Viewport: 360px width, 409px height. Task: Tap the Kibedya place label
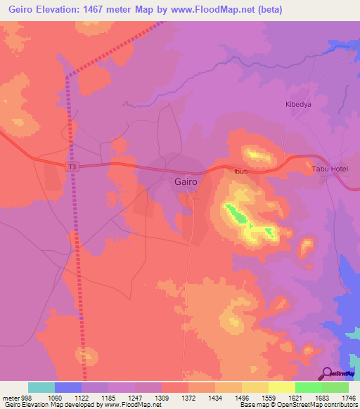297,105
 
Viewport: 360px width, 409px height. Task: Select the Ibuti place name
240,171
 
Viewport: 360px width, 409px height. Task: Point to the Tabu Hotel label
330,169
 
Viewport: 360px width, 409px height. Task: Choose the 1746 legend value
348,397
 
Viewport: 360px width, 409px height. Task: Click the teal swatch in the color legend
41,387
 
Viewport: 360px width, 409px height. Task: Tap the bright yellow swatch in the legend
281,387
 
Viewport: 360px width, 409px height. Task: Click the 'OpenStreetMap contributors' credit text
317,405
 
